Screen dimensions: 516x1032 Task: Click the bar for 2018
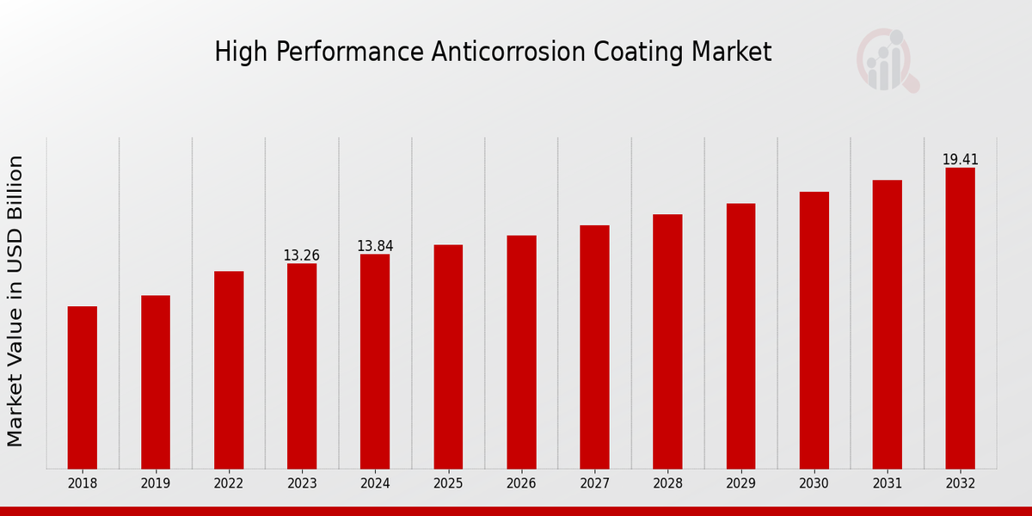[x=83, y=387]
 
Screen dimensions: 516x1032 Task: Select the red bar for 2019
[x=156, y=382]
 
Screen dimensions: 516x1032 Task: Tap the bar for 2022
[x=229, y=370]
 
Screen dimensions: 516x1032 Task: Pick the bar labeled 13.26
[x=302, y=365]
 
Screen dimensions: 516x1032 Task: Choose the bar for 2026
[x=521, y=352]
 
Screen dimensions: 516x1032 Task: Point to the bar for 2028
[x=667, y=341]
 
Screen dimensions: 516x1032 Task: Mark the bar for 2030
[x=814, y=330]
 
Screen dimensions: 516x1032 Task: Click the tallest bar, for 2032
[x=960, y=318]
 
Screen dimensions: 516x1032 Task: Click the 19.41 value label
[x=960, y=160]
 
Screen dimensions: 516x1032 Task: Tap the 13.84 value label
[x=375, y=247]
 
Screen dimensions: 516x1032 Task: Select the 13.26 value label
[x=302, y=256]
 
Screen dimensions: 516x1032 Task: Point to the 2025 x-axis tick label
[x=448, y=484]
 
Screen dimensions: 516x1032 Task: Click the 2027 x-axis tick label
[x=594, y=484]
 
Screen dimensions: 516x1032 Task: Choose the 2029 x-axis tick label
[x=740, y=484]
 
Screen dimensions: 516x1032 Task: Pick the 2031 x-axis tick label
[x=887, y=484]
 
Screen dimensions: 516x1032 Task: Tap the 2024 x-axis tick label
[x=375, y=484]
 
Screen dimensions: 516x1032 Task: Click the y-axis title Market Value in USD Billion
[x=15, y=301]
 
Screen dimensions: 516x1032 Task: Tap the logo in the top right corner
[x=887, y=60]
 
